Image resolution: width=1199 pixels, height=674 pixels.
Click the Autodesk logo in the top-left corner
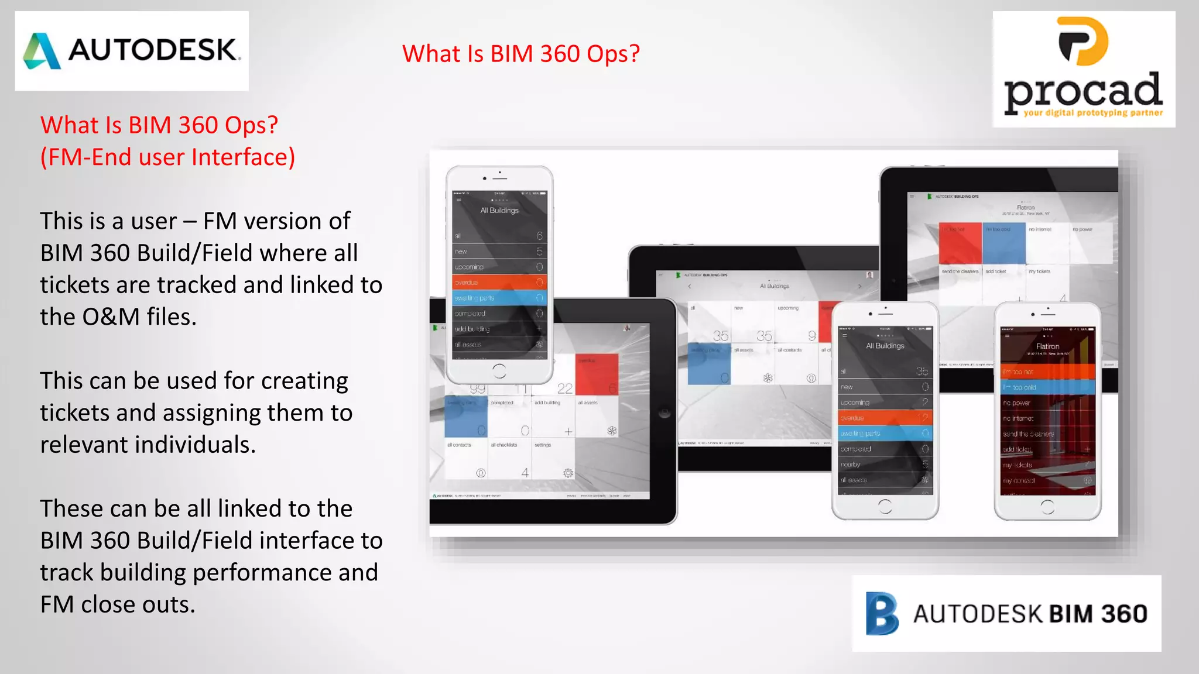pyautogui.click(x=132, y=50)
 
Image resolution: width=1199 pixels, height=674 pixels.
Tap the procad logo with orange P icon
pyautogui.click(x=1084, y=69)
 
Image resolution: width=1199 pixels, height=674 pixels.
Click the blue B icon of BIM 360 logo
pyautogui.click(x=882, y=613)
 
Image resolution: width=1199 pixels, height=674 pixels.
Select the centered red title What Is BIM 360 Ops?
pyautogui.click(x=520, y=54)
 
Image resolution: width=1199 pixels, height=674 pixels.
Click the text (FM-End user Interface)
pyautogui.click(x=167, y=157)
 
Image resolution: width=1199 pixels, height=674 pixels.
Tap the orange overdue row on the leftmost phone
pyautogui.click(x=499, y=282)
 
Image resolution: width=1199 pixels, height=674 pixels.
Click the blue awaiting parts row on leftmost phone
pyautogui.click(x=499, y=298)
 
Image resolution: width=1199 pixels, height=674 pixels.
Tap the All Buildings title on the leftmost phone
pyautogui.click(x=499, y=210)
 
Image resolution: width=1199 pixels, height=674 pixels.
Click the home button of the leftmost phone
pyautogui.click(x=499, y=370)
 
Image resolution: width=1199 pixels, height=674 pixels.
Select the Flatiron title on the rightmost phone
pyautogui.click(x=1047, y=346)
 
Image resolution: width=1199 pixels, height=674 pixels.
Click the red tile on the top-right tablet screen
pyautogui.click(x=960, y=243)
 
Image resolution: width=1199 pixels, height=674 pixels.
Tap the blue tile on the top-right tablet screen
pyautogui.click(x=1003, y=243)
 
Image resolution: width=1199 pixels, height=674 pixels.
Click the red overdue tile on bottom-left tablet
pyautogui.click(x=597, y=374)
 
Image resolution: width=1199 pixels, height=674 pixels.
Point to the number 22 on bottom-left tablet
pyautogui.click(x=564, y=388)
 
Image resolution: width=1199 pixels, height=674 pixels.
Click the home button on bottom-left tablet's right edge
pyautogui.click(x=664, y=413)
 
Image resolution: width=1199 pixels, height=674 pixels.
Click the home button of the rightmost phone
pyautogui.click(x=1047, y=507)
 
